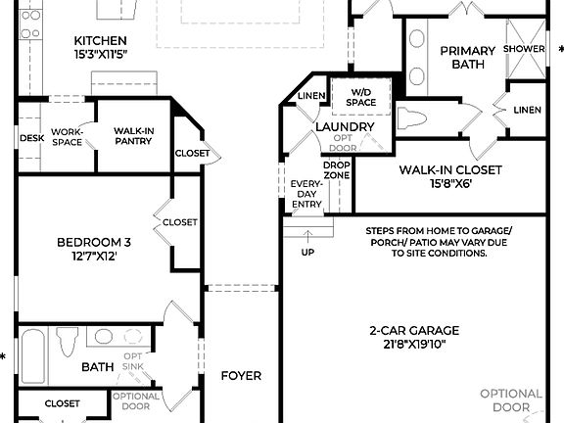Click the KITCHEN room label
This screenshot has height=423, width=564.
click(x=101, y=40)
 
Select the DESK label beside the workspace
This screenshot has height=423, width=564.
click(x=30, y=139)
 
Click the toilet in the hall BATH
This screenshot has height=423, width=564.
click(x=68, y=343)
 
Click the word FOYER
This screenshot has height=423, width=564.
click(x=241, y=375)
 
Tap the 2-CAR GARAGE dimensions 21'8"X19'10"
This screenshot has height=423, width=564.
click(x=414, y=344)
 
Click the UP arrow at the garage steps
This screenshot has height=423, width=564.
click(x=308, y=235)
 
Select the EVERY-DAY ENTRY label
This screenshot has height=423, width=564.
click(x=306, y=193)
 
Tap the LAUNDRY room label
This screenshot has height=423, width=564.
click(x=345, y=127)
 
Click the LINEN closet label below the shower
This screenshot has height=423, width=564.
click(x=527, y=109)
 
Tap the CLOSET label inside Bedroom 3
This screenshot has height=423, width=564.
click(x=179, y=222)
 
